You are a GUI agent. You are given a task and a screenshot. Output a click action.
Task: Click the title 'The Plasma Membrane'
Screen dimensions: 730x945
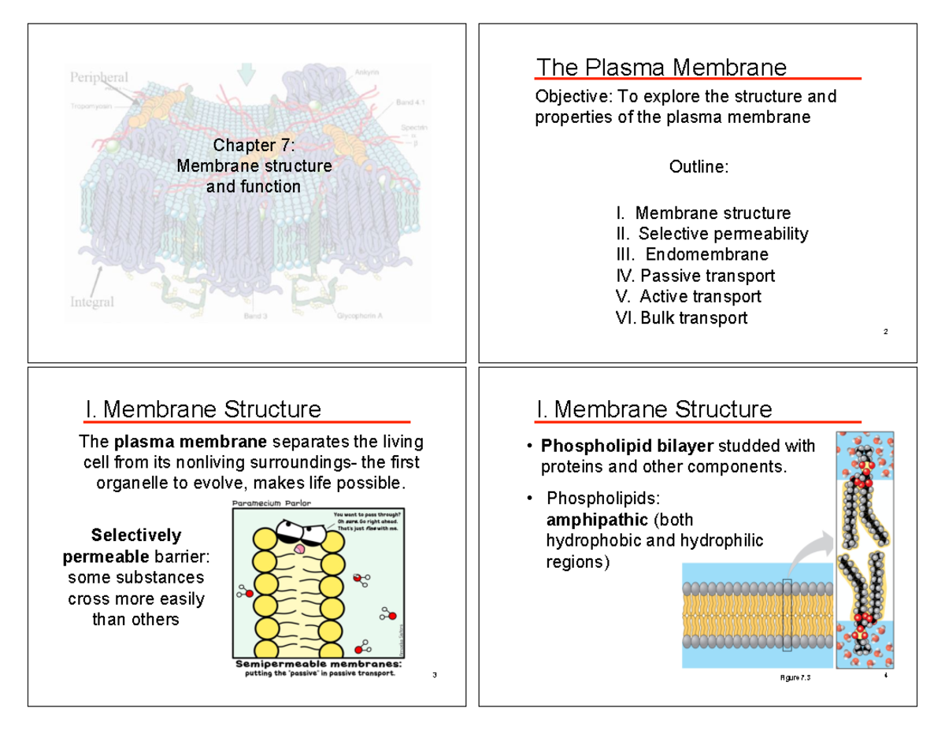660,68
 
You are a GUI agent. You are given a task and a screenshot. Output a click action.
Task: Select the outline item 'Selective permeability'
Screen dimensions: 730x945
722,234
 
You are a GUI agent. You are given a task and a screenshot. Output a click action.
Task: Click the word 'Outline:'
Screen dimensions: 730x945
699,167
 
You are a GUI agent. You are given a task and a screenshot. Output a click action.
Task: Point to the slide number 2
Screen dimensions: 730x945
886,332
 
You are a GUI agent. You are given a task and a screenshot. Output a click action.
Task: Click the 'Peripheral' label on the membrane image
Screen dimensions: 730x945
100,77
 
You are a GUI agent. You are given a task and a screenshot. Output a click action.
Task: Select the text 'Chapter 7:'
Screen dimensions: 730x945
254,146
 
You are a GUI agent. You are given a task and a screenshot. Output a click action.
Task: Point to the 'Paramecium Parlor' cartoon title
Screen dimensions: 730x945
270,502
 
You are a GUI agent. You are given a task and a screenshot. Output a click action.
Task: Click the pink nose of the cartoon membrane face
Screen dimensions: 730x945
299,548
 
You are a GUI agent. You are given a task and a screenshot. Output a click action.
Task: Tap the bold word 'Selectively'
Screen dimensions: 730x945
136,535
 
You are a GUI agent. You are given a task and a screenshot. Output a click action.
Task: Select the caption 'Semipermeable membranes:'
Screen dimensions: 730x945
318,664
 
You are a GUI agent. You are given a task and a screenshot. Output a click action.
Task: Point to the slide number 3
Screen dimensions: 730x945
435,676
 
